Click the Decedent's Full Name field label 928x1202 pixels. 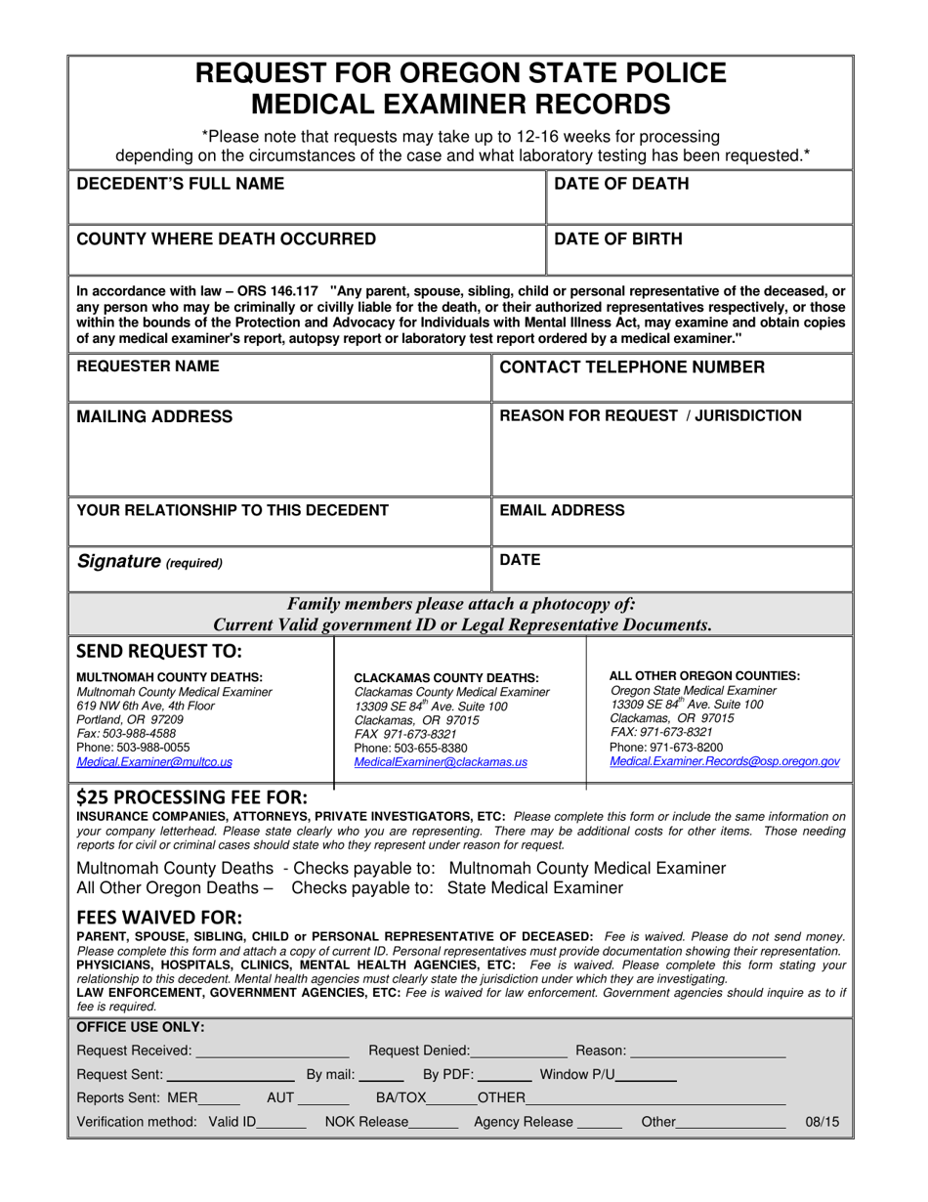click(x=180, y=184)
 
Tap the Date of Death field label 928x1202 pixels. click(x=621, y=184)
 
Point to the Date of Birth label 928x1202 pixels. click(x=618, y=238)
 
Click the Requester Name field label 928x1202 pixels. click(x=148, y=366)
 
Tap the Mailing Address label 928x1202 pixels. click(x=154, y=416)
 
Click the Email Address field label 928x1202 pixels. click(x=562, y=510)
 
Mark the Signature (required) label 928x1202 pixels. click(x=149, y=562)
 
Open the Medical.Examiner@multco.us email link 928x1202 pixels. click(x=154, y=762)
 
